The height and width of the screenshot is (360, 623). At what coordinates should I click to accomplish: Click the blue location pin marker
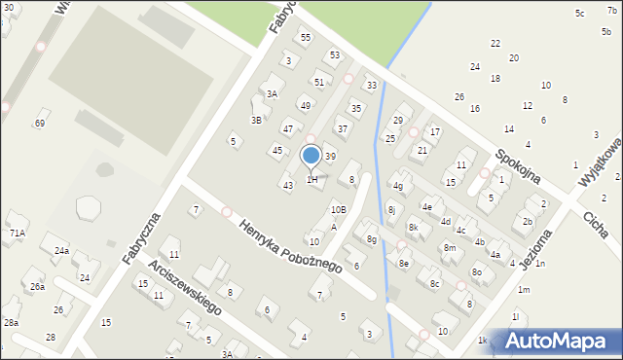tap(311, 156)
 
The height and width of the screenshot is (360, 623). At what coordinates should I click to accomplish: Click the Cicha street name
tap(597, 224)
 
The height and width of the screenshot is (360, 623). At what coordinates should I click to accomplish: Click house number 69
tap(40, 124)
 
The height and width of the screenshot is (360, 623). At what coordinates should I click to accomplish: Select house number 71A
tap(17, 234)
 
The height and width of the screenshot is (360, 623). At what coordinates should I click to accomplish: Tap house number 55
tap(305, 38)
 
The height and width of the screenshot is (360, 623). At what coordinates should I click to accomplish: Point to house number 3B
tap(257, 121)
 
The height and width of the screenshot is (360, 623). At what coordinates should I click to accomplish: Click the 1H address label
tap(312, 180)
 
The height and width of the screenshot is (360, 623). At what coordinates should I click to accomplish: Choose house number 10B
tap(338, 209)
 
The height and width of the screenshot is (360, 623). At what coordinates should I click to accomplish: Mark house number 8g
tap(371, 239)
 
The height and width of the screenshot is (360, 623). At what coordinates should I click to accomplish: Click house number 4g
tap(398, 185)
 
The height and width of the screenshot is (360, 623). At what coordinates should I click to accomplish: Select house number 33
tap(371, 86)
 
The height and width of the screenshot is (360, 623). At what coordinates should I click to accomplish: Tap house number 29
tap(397, 121)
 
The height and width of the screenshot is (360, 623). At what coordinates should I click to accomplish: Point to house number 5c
tap(579, 14)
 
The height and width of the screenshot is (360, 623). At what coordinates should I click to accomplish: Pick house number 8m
tap(450, 248)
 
